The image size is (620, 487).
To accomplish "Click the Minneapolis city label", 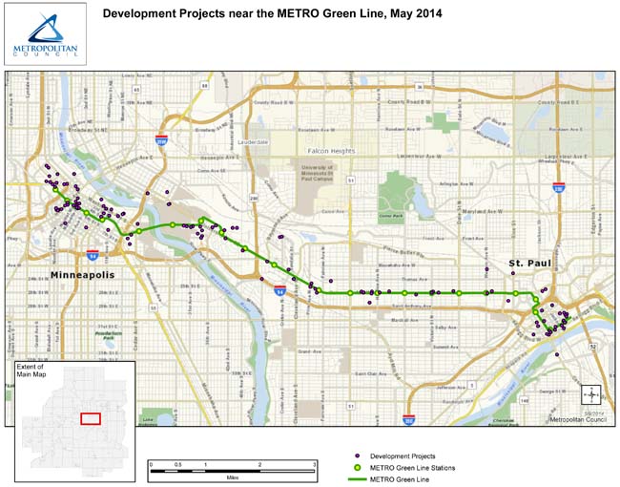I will coord(82,275).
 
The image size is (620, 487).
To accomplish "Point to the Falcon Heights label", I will coord(330,151).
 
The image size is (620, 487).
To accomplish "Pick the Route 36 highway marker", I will coord(419,86).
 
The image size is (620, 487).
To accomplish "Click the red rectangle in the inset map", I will coord(90,418).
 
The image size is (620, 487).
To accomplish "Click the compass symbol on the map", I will coord(591,393).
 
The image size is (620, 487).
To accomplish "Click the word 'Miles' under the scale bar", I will coord(233,475).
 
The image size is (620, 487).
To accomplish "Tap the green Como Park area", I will coord(391,196).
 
